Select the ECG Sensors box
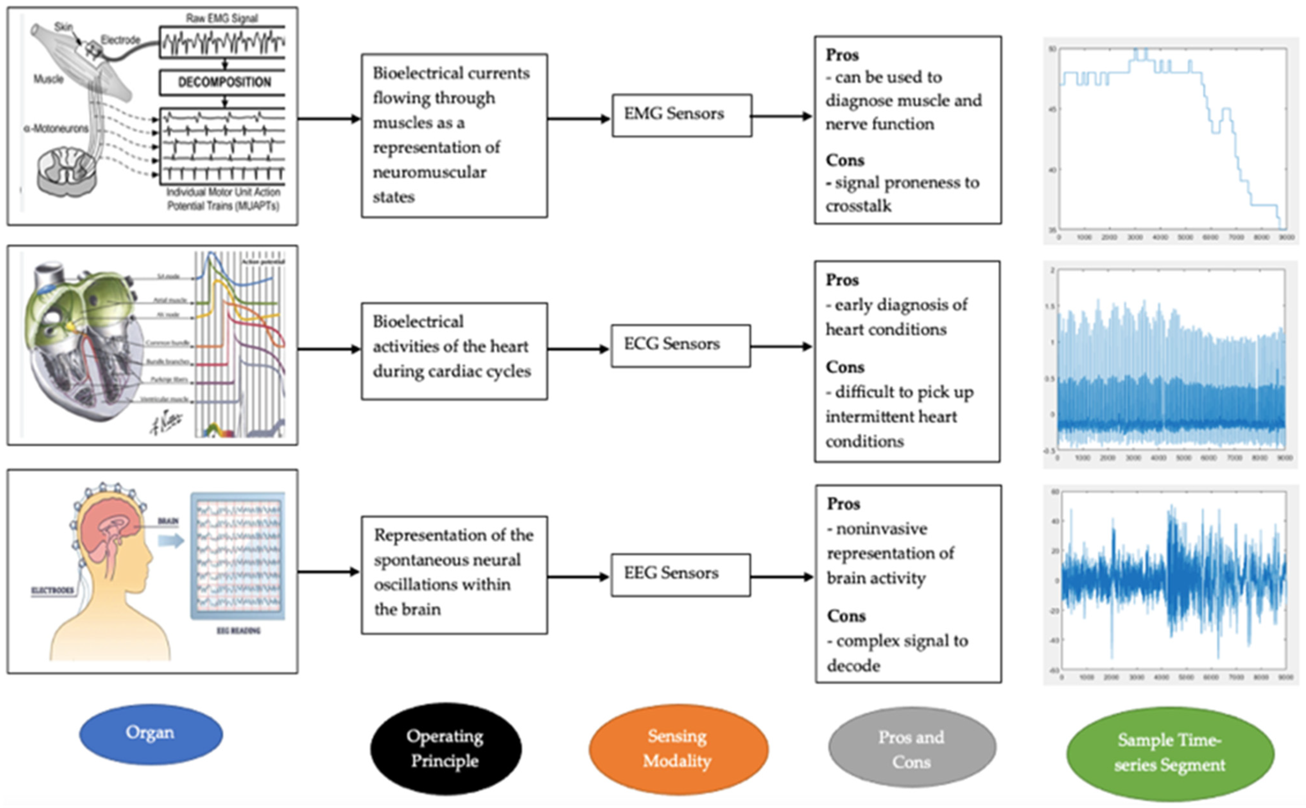680,346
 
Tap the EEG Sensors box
680,574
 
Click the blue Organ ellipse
151,734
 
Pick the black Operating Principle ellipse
446,748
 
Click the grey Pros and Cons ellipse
912,750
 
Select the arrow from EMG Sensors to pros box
781,116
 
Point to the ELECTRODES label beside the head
52,590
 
